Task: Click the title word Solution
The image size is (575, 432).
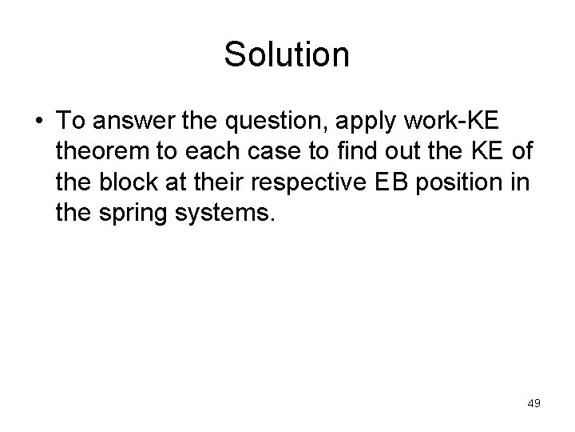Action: (287, 54)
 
